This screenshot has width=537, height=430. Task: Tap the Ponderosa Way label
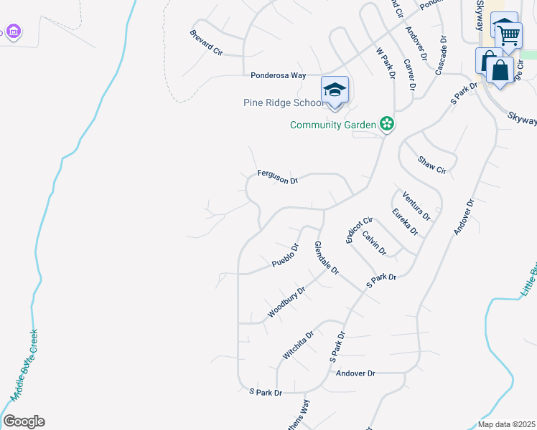coord(279,75)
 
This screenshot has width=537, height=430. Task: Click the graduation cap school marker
coord(335,90)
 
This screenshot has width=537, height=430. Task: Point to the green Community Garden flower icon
coord(387,124)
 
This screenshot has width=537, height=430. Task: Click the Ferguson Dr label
coord(278,177)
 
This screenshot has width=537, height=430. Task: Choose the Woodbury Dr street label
coord(286,302)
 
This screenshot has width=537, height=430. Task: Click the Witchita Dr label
coord(299,345)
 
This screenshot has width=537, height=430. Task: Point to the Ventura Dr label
coord(416,206)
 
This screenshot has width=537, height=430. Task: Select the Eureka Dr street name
coord(405,221)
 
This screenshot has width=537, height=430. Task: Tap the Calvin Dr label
coord(374,243)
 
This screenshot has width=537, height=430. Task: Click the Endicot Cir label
coord(360,230)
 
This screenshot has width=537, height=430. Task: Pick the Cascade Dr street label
coord(441,55)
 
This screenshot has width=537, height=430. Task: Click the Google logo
coord(24,421)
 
